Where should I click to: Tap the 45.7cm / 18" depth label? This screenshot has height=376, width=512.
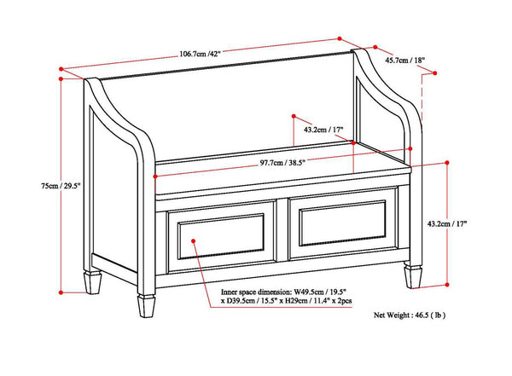pos(404,61)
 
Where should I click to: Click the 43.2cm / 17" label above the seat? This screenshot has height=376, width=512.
pos(323,130)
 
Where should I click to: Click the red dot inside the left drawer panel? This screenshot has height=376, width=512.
pos(195,241)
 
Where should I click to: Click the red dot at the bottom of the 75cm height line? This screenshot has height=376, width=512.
pos(61,286)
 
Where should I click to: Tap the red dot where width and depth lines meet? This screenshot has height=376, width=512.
pos(341,39)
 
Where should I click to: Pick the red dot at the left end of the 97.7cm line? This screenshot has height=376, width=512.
pos(154,176)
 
